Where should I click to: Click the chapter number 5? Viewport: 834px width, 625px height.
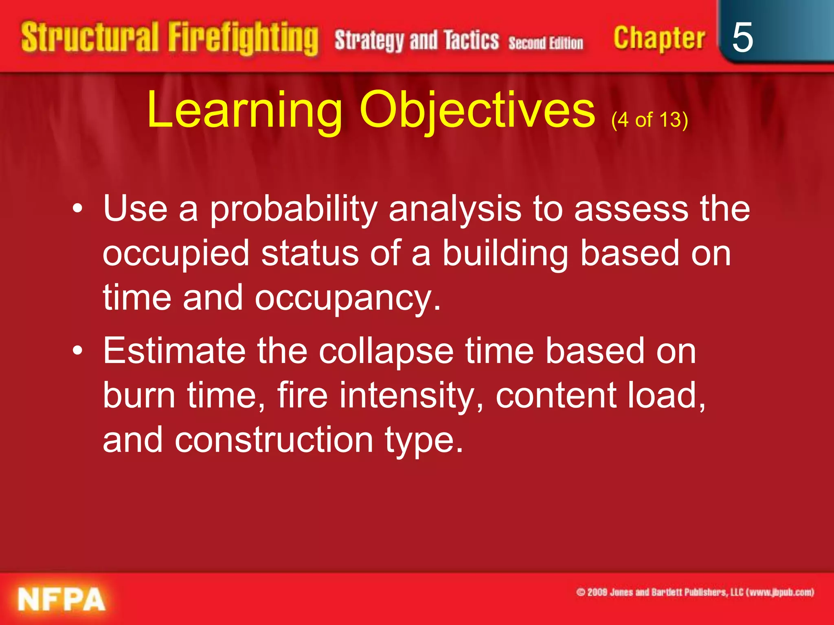742,37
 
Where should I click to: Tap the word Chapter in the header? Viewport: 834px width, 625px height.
659,39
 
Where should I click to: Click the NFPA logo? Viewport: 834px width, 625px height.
61,599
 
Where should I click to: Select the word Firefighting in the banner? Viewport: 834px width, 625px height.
243,39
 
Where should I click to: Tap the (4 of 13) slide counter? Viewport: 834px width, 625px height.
649,120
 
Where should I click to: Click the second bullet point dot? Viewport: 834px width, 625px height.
78,350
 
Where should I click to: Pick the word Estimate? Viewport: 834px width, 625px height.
174,350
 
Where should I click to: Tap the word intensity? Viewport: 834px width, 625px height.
411,396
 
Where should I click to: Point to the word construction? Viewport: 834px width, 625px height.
274,440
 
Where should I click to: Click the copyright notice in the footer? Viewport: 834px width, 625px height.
695,592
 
